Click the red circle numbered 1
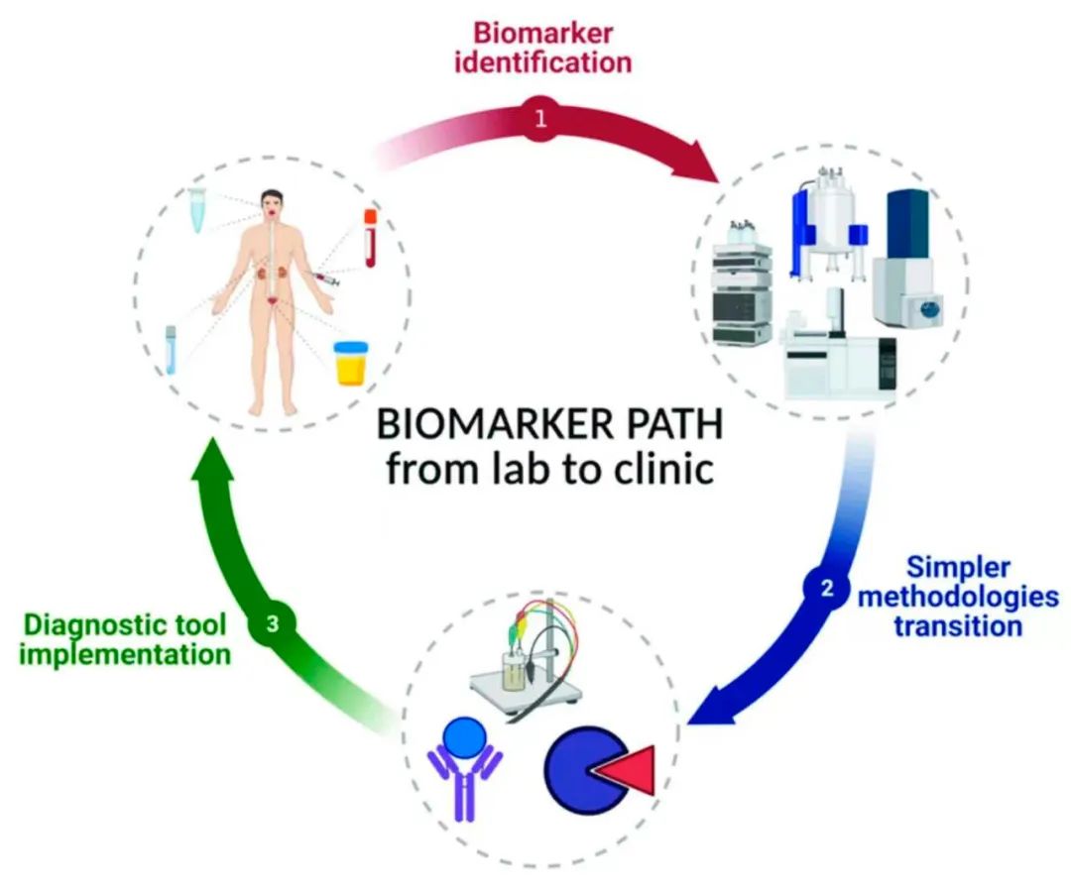point(539,119)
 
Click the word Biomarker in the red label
point(542,33)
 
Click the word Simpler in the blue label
point(959,568)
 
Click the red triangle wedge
point(626,771)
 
